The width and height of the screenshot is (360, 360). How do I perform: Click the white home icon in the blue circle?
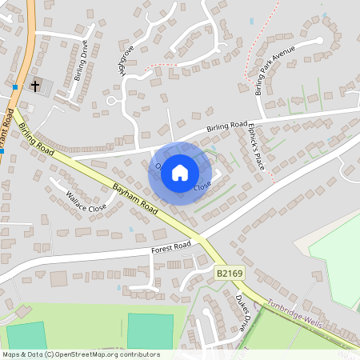(180, 172)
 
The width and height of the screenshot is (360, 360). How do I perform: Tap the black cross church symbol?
(35, 85)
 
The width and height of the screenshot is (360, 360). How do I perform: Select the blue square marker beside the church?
(15, 86)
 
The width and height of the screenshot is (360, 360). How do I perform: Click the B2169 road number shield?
(230, 274)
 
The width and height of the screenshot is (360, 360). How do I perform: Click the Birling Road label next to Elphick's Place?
(226, 126)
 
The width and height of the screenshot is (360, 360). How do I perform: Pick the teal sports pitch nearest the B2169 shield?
(150, 331)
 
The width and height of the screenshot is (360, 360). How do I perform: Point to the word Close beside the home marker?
(203, 186)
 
